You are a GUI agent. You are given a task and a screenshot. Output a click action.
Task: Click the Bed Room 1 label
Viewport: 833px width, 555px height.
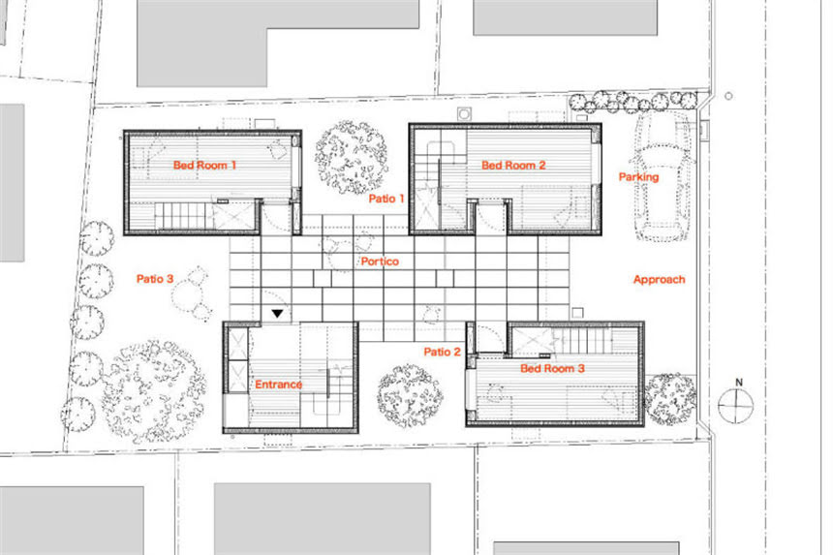pos(204,166)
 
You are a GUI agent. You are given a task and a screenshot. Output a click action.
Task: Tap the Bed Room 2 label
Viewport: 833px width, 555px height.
pos(513,166)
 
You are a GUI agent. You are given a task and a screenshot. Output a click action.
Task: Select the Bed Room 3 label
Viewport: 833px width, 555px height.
pos(552,368)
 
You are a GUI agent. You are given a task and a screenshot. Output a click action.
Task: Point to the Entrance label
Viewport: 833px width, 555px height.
pos(278,384)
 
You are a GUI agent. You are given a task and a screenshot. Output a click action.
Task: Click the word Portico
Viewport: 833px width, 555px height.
pos(380,262)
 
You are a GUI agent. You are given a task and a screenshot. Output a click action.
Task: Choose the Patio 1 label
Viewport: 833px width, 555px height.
pos(386,199)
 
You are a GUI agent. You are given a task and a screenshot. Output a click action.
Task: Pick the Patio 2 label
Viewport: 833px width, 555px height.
pos(442,352)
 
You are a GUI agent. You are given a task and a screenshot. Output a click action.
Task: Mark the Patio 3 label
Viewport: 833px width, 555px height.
pos(155,279)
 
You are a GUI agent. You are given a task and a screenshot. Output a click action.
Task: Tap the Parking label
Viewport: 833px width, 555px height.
pos(638,177)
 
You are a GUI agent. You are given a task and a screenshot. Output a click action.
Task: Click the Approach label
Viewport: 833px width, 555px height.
pos(660,279)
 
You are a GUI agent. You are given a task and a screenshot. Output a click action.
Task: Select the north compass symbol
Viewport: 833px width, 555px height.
pos(736,405)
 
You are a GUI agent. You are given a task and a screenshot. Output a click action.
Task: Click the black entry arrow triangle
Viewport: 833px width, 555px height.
pos(277,314)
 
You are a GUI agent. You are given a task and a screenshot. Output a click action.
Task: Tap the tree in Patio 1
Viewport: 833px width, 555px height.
pos(352,157)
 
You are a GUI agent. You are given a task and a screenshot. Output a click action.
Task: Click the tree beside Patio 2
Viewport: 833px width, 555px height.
pos(410,396)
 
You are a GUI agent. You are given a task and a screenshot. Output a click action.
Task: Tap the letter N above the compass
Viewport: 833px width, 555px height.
pos(738,382)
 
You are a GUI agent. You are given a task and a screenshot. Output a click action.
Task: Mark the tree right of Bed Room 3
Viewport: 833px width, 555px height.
pos(669,399)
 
